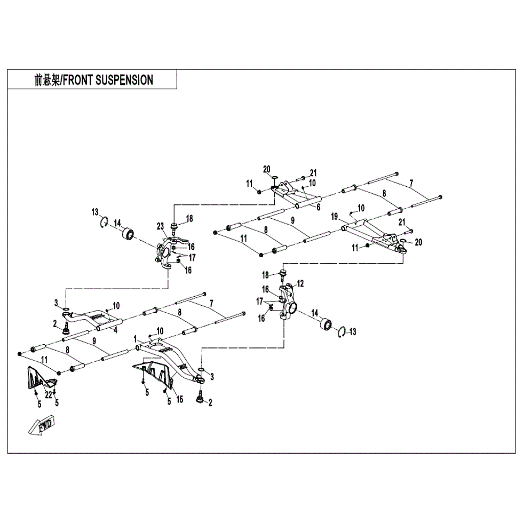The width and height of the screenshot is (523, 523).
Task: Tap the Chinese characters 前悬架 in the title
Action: pos(46,80)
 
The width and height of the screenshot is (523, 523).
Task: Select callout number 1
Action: pos(136,338)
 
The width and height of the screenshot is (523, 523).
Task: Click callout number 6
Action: pos(318,207)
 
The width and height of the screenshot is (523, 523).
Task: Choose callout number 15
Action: pos(179,399)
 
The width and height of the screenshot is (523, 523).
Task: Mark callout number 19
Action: pos(335,217)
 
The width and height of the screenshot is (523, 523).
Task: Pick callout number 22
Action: pos(47,394)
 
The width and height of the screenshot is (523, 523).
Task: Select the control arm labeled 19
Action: pos(374,235)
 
